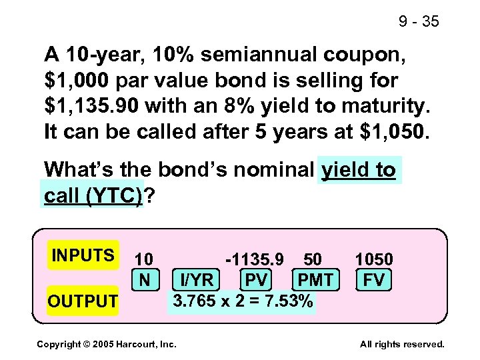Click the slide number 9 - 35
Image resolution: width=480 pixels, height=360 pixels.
(x=419, y=22)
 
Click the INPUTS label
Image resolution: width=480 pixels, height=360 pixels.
(x=83, y=256)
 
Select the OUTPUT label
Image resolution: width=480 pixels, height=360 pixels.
(x=83, y=301)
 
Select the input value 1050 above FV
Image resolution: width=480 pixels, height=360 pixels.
(x=373, y=259)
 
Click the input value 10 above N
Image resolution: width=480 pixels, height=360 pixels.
(x=144, y=259)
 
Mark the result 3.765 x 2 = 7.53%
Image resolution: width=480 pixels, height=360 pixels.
(x=243, y=301)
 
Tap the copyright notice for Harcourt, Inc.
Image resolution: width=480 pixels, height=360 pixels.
(x=107, y=344)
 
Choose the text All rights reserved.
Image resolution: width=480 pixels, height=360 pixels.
(x=402, y=344)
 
